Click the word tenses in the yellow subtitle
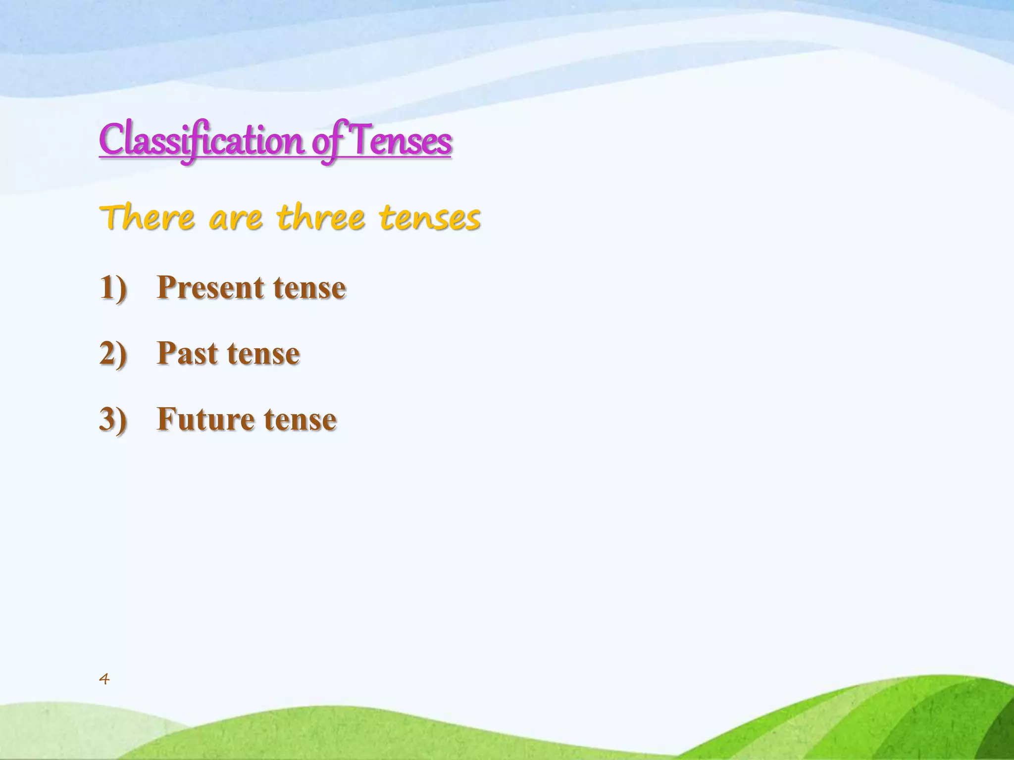(430, 219)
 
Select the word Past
(187, 353)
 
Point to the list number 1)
(113, 287)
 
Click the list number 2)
(113, 353)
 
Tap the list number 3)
(113, 419)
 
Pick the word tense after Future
(300, 420)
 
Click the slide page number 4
(104, 679)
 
